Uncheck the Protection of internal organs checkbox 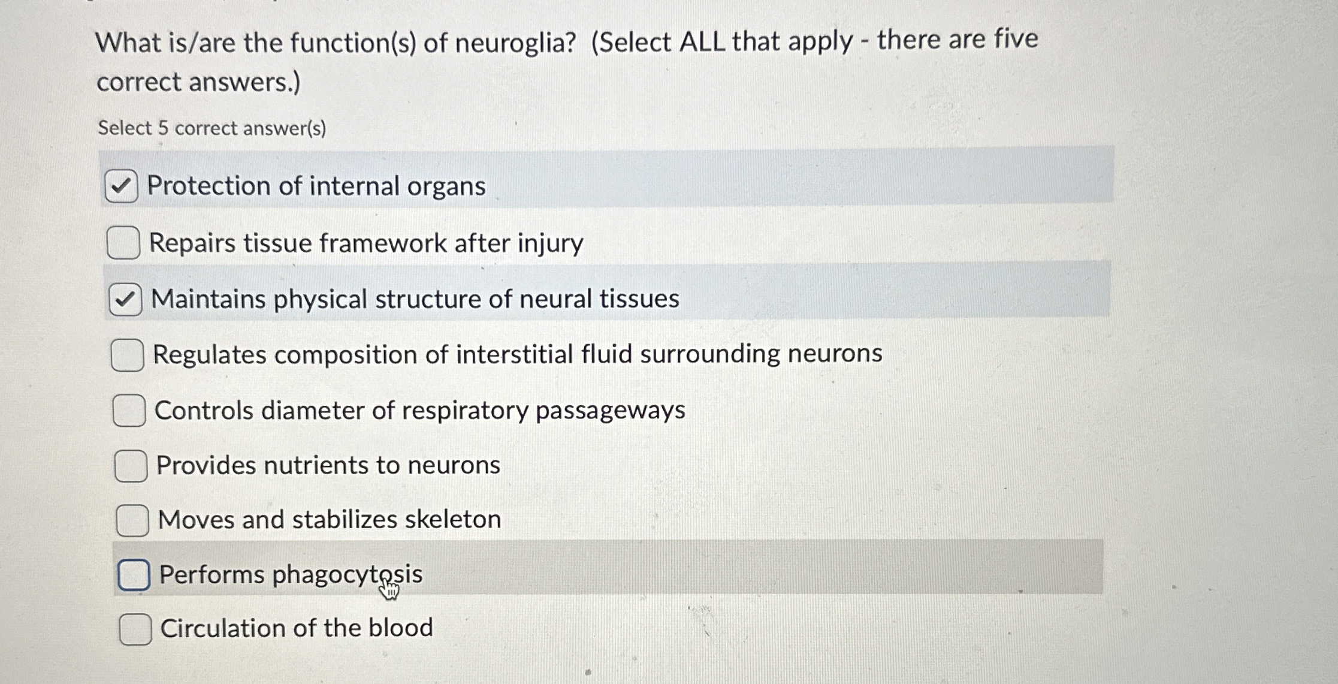click(121, 186)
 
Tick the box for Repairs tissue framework click(123, 243)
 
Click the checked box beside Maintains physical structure click(125, 299)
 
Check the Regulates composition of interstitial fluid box click(127, 355)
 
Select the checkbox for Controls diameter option click(129, 411)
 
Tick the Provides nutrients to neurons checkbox click(131, 466)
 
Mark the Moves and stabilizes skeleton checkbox click(132, 520)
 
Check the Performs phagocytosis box click(134, 575)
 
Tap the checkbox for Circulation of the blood click(135, 629)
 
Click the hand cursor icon click(389, 589)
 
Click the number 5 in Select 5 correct click(163, 128)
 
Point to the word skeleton click(452, 519)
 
